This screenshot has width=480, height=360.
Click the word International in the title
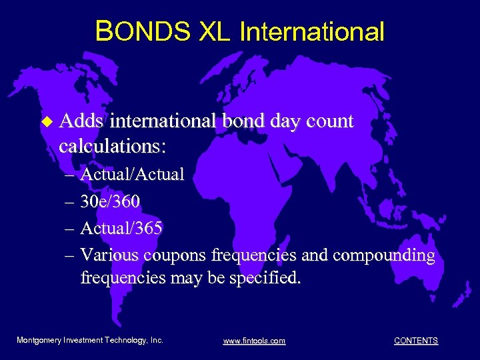pos(311,31)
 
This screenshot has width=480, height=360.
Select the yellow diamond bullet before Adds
pos(46,122)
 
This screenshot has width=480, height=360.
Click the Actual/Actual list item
pos(132,175)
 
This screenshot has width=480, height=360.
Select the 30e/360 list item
pos(110,202)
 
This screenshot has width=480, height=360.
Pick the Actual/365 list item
pos(121,229)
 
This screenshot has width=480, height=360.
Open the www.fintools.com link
pos(254,341)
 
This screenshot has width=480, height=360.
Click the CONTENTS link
pos(416,341)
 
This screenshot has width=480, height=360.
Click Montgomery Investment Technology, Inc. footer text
pos(89,340)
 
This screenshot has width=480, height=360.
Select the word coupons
pos(174,256)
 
